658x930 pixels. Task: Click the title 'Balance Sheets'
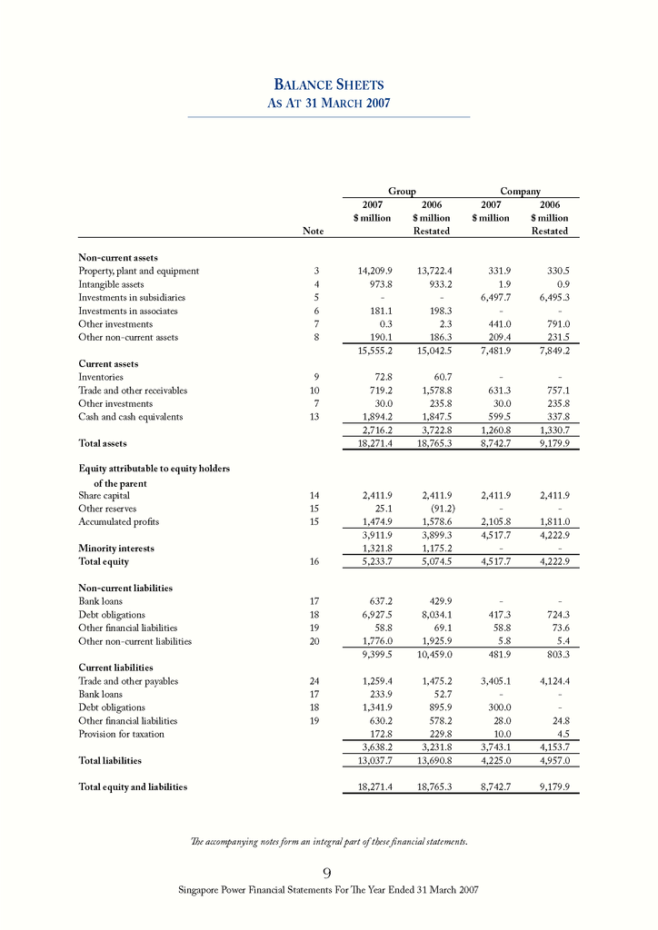click(328, 84)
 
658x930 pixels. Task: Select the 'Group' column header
click(402, 192)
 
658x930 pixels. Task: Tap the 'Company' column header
click(520, 192)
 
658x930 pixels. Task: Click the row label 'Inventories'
click(101, 377)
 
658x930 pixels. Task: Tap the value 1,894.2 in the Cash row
click(373, 417)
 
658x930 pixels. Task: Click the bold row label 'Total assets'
click(103, 443)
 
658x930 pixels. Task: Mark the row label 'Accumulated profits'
click(119, 522)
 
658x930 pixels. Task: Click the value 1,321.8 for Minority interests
click(373, 549)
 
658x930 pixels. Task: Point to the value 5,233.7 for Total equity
click(373, 561)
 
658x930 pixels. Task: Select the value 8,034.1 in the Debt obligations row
click(433, 615)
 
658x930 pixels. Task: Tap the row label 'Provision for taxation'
click(122, 733)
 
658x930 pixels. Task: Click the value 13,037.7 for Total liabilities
click(370, 760)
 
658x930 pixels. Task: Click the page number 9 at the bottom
click(327, 873)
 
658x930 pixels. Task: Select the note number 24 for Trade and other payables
click(314, 681)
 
